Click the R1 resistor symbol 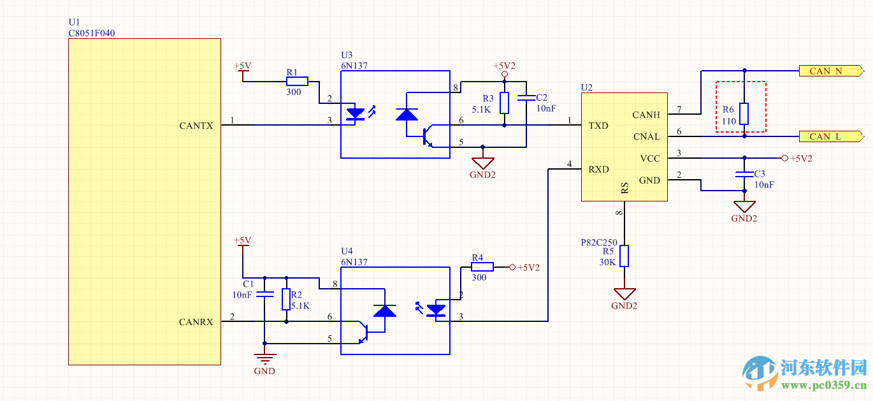tap(297, 82)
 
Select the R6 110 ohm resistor tap(744, 113)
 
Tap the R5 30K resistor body tap(624, 256)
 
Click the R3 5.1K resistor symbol tap(505, 103)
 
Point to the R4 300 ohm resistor tap(482, 267)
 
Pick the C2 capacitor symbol tap(526, 98)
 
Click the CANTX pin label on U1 tap(196, 126)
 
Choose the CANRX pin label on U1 tap(196, 322)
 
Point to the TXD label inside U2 tap(598, 126)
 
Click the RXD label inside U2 tap(598, 169)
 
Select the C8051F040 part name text tap(92, 33)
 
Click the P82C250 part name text tap(600, 243)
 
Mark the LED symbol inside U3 tap(355, 115)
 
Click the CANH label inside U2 tap(646, 115)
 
